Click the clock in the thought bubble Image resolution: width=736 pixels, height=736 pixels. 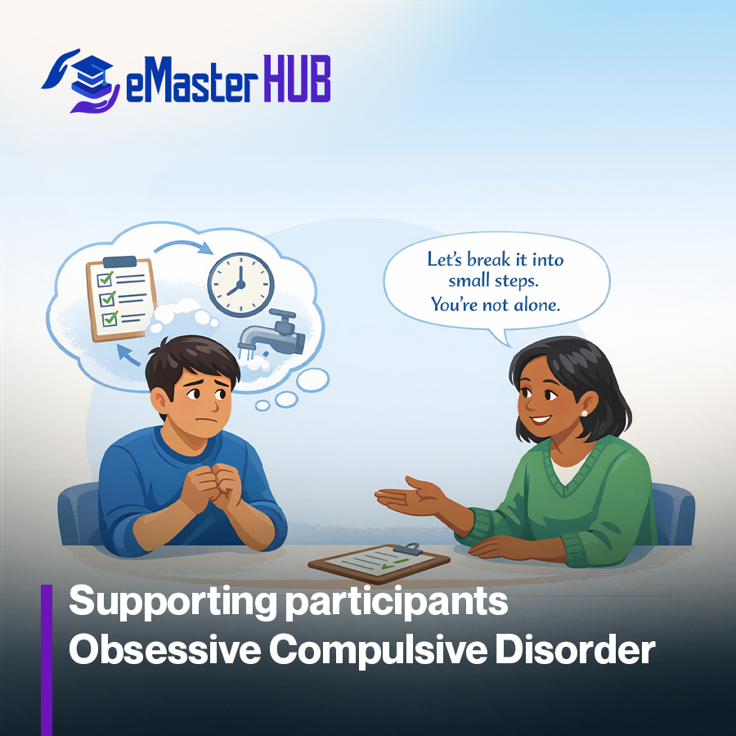click(240, 285)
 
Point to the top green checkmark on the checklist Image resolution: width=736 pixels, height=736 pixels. click(105, 278)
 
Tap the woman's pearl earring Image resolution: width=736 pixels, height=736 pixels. click(584, 413)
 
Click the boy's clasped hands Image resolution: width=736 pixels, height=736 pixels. click(213, 487)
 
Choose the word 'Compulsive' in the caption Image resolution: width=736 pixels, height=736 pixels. click(378, 652)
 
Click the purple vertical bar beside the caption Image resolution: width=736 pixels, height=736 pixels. click(47, 660)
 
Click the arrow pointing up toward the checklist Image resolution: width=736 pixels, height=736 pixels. click(128, 354)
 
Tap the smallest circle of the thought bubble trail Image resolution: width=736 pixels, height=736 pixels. click(263, 406)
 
